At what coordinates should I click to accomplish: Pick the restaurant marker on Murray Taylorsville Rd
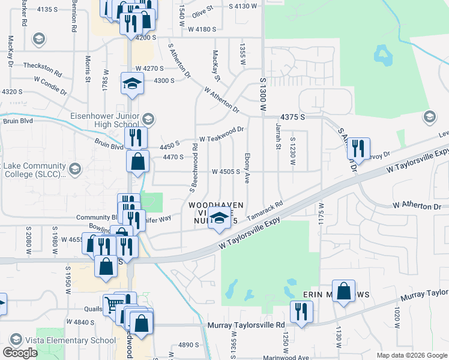point(301,311)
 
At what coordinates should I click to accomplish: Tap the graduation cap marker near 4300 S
point(132,83)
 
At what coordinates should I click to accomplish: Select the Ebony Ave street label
point(247,164)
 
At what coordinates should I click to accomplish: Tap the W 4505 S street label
point(226,172)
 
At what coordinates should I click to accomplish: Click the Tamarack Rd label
point(265,209)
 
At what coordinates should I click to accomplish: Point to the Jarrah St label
point(278,146)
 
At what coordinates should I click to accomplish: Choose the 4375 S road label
point(292,118)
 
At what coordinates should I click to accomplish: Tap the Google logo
point(20,353)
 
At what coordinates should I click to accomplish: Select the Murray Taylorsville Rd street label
point(246,325)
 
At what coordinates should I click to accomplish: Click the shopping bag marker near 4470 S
point(138,161)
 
